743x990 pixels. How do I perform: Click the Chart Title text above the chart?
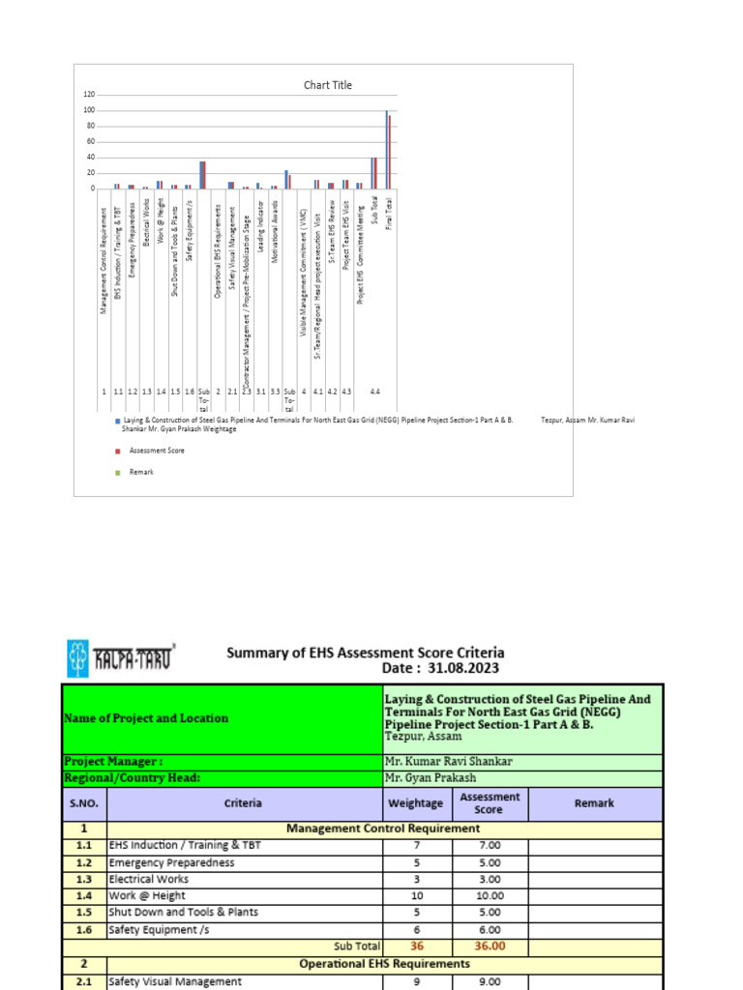point(328,85)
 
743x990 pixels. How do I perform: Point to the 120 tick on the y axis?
point(89,95)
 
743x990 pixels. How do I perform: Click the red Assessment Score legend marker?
point(118,451)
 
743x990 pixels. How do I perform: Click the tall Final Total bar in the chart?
point(388,150)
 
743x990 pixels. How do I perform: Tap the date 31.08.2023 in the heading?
point(467,669)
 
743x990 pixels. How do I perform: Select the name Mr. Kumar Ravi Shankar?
point(448,761)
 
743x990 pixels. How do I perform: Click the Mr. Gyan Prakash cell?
point(430,777)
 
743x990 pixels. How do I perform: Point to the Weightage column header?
point(416,803)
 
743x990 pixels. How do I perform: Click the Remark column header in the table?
point(594,803)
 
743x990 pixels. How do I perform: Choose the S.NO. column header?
point(83,803)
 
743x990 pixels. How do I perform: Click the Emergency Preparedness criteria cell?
point(171,862)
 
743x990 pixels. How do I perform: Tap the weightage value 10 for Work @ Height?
point(416,896)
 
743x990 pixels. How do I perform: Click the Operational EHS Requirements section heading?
point(384,964)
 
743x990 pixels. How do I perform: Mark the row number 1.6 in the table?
point(83,930)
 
